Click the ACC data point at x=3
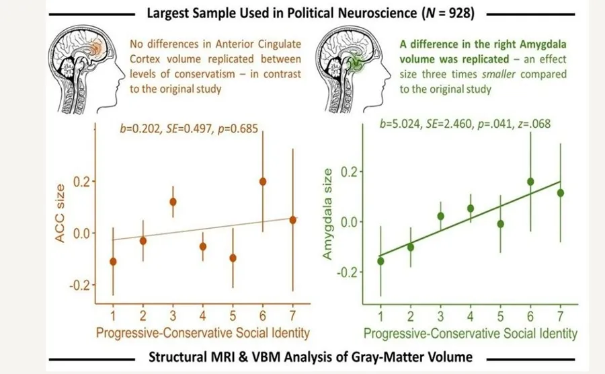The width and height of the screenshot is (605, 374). [x=173, y=202]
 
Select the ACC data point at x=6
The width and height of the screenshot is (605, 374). [x=263, y=182]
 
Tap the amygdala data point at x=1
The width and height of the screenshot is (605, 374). [x=381, y=260]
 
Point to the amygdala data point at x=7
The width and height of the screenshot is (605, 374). [x=561, y=193]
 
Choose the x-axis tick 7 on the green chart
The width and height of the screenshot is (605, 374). [x=561, y=317]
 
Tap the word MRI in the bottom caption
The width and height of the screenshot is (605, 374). [x=249, y=357]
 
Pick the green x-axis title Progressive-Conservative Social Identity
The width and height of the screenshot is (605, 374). [x=471, y=333]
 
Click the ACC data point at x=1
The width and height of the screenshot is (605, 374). [x=113, y=261]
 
